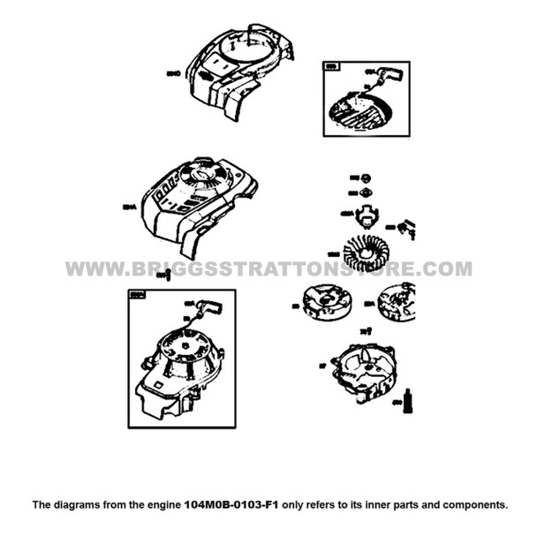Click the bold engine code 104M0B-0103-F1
[231, 505]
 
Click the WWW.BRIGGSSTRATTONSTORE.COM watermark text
[268, 268]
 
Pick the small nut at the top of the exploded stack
[363, 178]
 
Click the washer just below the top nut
[362, 193]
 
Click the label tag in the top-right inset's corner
[333, 66]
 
